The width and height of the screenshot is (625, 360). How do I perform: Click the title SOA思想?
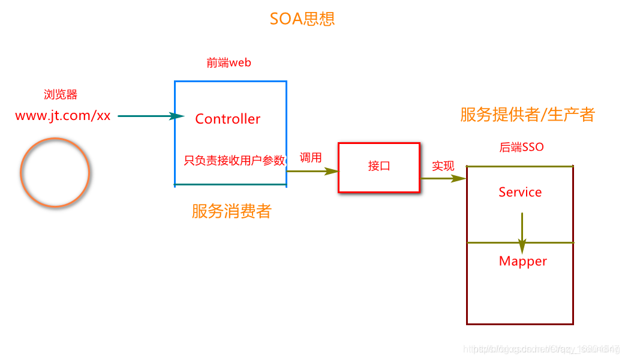[x=302, y=19]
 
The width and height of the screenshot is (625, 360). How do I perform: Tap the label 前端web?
[x=229, y=63]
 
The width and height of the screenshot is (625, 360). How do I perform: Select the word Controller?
[x=228, y=119]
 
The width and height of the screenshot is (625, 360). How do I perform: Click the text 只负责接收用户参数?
[x=234, y=160]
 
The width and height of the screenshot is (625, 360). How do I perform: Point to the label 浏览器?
[x=61, y=94]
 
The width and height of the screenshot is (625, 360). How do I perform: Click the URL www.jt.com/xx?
[x=63, y=116]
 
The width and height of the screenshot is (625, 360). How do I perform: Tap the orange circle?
[x=55, y=172]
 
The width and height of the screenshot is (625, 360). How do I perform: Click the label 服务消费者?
[x=231, y=211]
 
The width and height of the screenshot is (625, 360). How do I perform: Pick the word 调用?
[x=311, y=158]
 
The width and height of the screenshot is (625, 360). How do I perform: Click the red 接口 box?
[x=379, y=167]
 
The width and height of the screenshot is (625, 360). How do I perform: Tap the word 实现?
[x=443, y=166]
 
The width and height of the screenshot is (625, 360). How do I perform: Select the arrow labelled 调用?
[x=312, y=171]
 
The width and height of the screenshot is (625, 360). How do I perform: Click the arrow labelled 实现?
[x=443, y=178]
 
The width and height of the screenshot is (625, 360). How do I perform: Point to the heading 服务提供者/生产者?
[x=527, y=115]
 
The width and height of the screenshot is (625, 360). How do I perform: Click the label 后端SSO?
[x=521, y=147]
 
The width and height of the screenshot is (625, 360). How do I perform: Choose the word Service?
[x=520, y=192]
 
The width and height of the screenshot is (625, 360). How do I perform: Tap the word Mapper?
[x=523, y=261]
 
